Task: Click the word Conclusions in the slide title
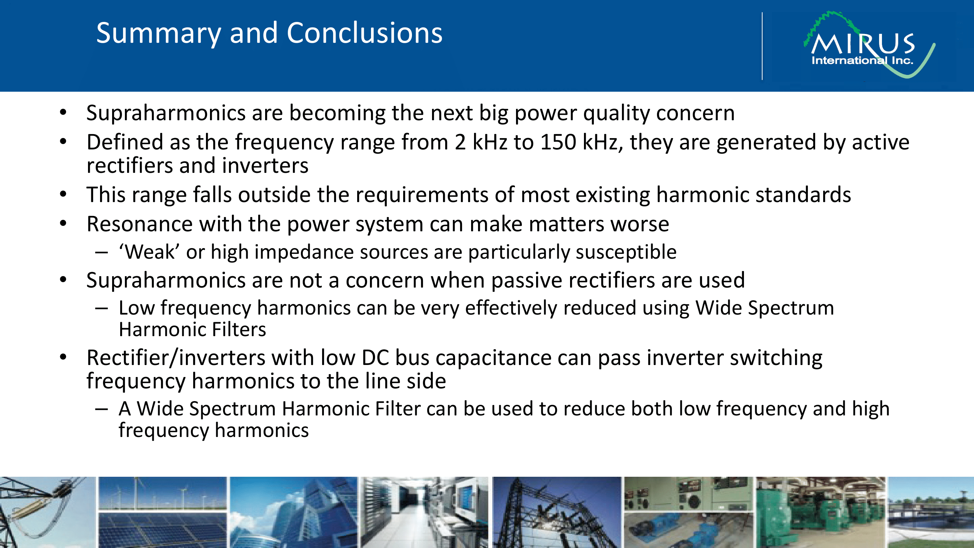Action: tap(364, 33)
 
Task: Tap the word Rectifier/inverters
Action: tap(176, 358)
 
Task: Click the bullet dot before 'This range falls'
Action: tap(63, 195)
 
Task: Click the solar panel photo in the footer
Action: tap(163, 530)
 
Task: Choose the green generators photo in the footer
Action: tap(820, 513)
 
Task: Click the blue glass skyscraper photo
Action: tap(293, 513)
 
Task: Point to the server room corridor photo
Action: tap(424, 513)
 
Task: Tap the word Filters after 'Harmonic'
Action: tap(239, 330)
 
